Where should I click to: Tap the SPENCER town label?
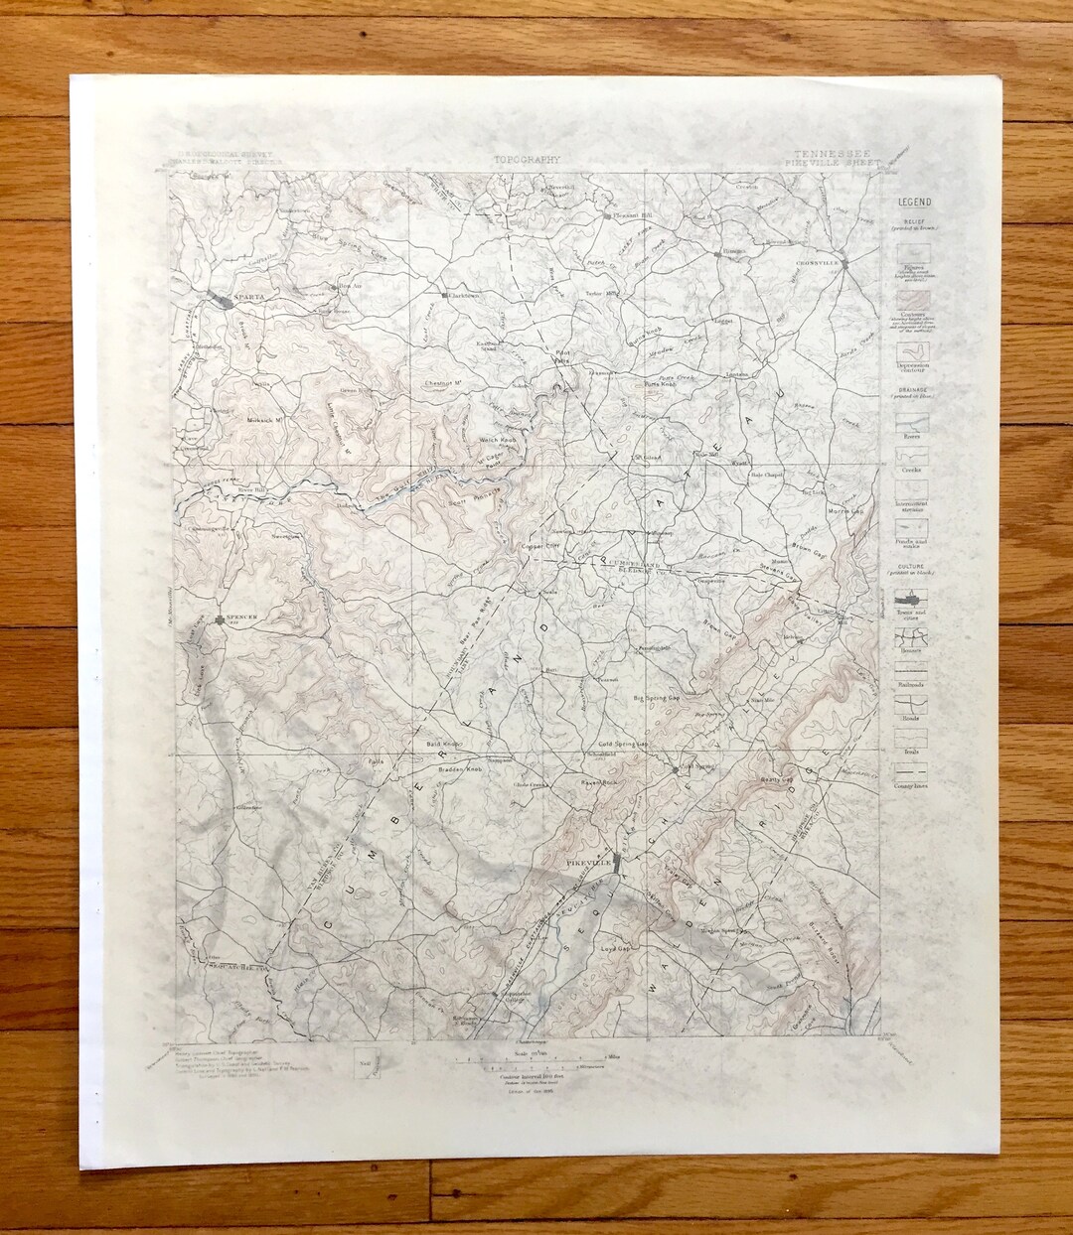(242, 617)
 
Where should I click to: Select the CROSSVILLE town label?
(816, 262)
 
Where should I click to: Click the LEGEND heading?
(915, 203)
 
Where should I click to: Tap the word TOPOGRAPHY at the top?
(527, 159)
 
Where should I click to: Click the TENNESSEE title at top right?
(833, 155)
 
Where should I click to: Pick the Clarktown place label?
(464, 295)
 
